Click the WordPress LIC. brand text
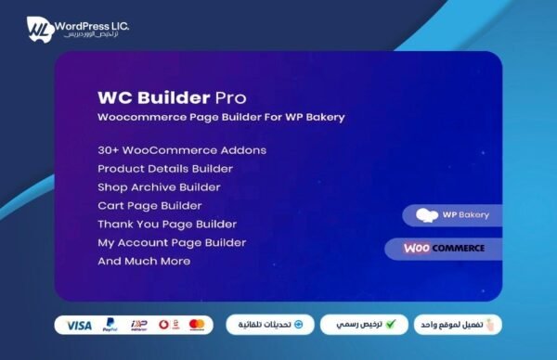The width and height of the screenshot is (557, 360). (x=90, y=25)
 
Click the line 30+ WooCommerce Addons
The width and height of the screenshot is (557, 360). (x=182, y=149)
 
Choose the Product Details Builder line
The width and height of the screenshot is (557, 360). (x=165, y=168)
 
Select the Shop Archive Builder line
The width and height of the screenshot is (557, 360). (x=160, y=186)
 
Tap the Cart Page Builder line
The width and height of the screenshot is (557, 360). (x=149, y=205)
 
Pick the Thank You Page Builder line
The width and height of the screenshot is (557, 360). (x=167, y=224)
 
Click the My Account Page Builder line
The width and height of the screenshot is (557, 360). (x=172, y=242)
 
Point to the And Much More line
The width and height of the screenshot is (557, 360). (x=144, y=261)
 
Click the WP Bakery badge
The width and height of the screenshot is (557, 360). (x=452, y=215)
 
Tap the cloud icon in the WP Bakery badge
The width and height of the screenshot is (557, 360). (x=427, y=215)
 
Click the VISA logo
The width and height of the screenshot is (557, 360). (x=80, y=325)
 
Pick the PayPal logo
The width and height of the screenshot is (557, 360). (x=110, y=325)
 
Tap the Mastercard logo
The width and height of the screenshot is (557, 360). (x=196, y=325)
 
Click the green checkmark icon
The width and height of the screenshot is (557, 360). (x=391, y=325)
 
